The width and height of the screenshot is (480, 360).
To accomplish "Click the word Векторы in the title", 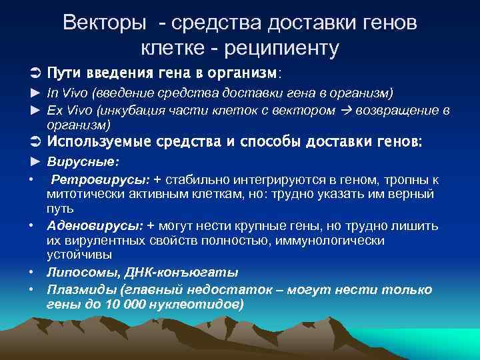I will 104,23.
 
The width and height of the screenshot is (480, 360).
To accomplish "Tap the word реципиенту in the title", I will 282,47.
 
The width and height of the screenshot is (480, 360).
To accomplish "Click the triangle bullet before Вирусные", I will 36,161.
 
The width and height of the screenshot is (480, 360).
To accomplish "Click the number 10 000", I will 123,304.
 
